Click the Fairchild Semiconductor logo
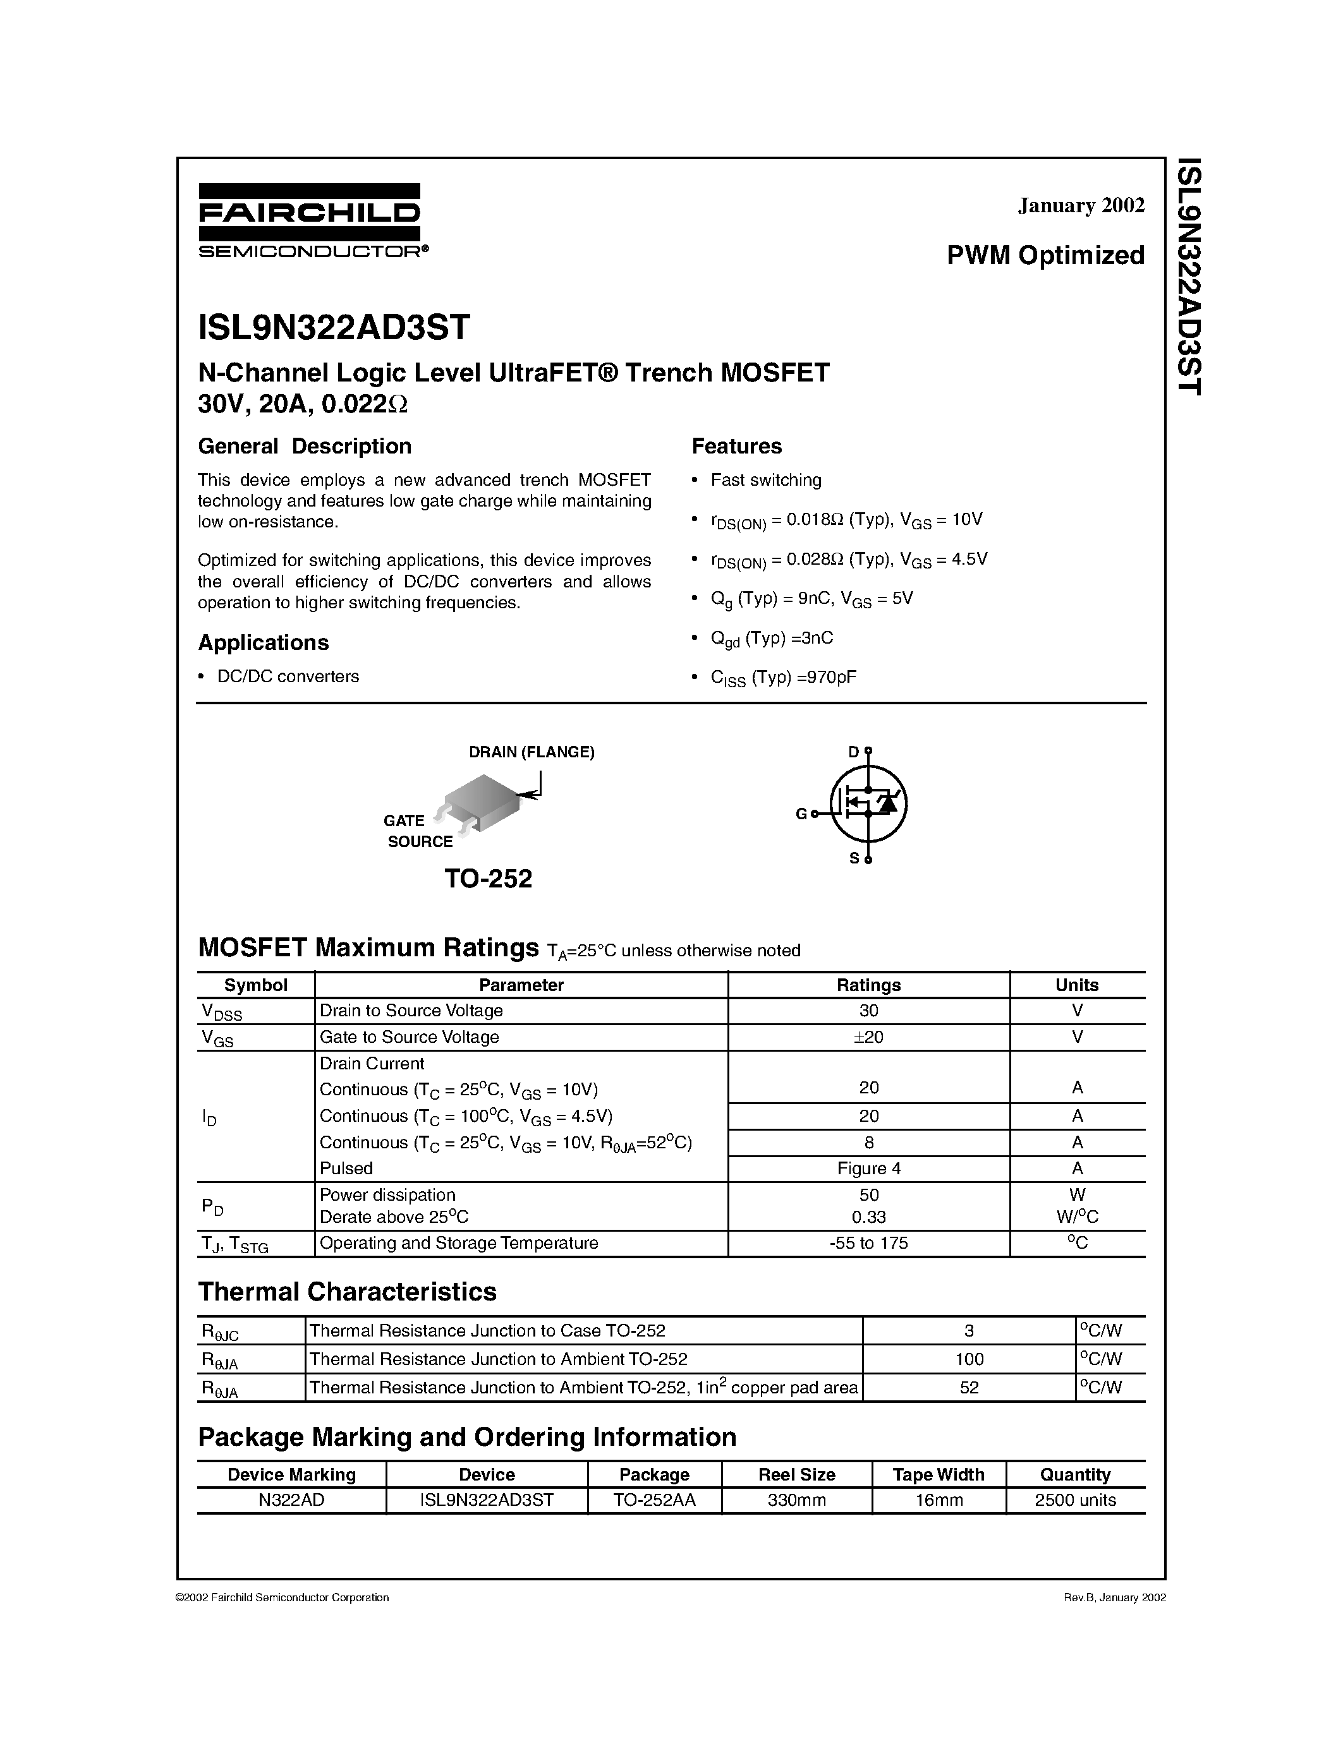click(x=310, y=220)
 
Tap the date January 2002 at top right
click(x=1081, y=205)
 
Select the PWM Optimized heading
click(x=1045, y=255)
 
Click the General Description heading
click(x=305, y=446)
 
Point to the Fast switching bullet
click(x=765, y=481)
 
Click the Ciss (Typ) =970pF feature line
click(x=784, y=678)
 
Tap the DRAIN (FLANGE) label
click(x=532, y=752)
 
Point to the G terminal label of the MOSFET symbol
click(x=801, y=814)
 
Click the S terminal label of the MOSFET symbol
click(x=854, y=859)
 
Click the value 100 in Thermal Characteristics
click(x=969, y=1359)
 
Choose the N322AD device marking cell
click(x=291, y=1500)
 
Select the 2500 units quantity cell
click(x=1075, y=1500)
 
